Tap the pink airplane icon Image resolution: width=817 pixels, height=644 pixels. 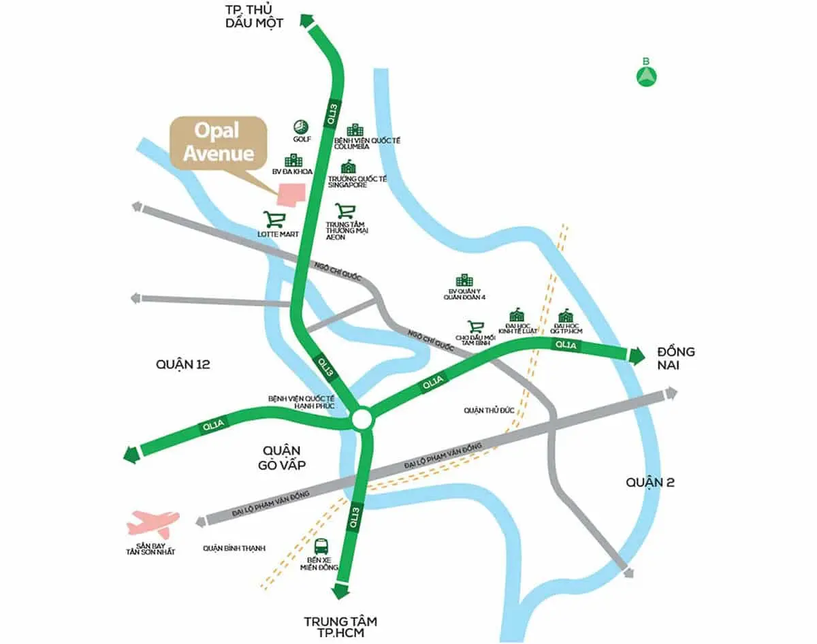[153, 523]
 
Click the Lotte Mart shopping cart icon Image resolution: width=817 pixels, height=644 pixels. [274, 219]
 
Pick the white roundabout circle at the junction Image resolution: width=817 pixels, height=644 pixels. [362, 419]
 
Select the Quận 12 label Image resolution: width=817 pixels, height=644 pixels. [182, 365]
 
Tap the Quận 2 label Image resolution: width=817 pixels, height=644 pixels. [650, 482]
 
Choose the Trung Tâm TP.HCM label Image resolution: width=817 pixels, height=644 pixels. [340, 627]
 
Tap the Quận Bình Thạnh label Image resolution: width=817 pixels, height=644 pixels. [234, 548]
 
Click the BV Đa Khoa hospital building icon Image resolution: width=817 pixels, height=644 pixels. [293, 160]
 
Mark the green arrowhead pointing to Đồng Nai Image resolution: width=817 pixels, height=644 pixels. [638, 355]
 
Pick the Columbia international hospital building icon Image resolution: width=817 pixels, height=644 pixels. [355, 130]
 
